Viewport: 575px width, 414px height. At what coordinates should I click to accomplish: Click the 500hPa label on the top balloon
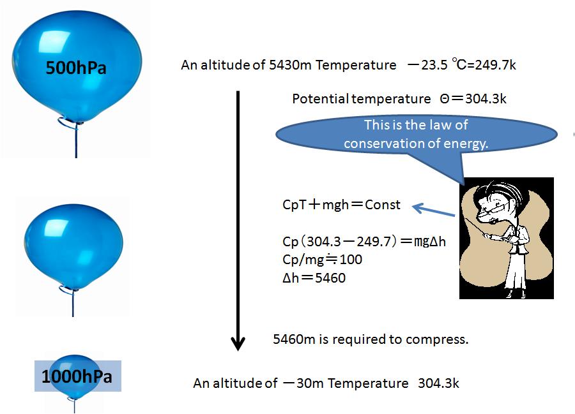pyautogui.click(x=76, y=68)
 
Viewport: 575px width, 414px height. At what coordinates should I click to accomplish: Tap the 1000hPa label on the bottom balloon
pyautogui.click(x=77, y=376)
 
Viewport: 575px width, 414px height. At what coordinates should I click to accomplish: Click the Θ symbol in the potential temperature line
pyautogui.click(x=445, y=99)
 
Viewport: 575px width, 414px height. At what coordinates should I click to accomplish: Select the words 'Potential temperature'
pyautogui.click(x=361, y=99)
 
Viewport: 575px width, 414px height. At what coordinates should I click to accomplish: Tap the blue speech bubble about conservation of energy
pyautogui.click(x=415, y=135)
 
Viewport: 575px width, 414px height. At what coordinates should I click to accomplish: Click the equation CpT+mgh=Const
pyautogui.click(x=342, y=205)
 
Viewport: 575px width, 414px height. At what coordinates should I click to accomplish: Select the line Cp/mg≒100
pyautogui.click(x=323, y=260)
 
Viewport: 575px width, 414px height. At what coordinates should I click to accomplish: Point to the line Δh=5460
pyautogui.click(x=314, y=278)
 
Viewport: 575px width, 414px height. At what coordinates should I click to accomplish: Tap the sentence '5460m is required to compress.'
pyautogui.click(x=371, y=339)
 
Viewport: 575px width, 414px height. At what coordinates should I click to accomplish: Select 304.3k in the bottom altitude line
pyautogui.click(x=438, y=383)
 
